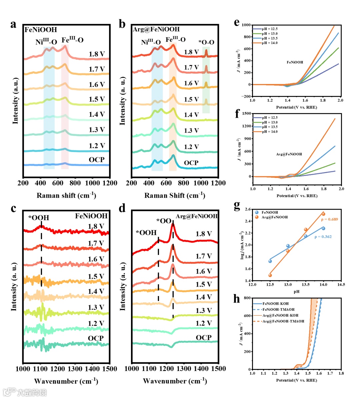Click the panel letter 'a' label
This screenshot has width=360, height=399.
[x=13, y=24]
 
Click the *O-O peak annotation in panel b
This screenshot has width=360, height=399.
[x=206, y=42]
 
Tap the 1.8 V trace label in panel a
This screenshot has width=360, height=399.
[x=97, y=54]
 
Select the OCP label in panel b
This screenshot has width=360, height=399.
[x=191, y=163]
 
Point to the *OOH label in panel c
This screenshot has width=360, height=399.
[x=39, y=218]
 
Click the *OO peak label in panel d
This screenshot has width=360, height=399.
[x=164, y=221]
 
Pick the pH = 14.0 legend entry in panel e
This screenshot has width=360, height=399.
[x=269, y=43]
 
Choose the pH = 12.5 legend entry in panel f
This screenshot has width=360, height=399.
[x=269, y=118]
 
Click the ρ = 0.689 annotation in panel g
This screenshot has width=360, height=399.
[x=329, y=219]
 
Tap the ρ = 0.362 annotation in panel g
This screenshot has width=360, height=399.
[x=323, y=237]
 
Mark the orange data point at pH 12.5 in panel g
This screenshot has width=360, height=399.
[x=270, y=275]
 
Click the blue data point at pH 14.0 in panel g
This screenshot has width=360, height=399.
[x=323, y=228]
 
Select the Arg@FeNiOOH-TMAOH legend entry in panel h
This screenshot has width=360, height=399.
[x=283, y=321]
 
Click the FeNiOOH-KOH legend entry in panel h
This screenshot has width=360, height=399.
[x=275, y=304]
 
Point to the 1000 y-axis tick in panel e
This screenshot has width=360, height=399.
[x=246, y=25]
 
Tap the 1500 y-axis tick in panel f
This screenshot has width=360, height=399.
[x=247, y=113]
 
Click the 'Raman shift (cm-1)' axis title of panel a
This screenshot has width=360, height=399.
[x=66, y=195]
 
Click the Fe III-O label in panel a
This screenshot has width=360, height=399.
[x=72, y=40]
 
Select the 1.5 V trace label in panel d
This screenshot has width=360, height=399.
[x=204, y=284]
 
